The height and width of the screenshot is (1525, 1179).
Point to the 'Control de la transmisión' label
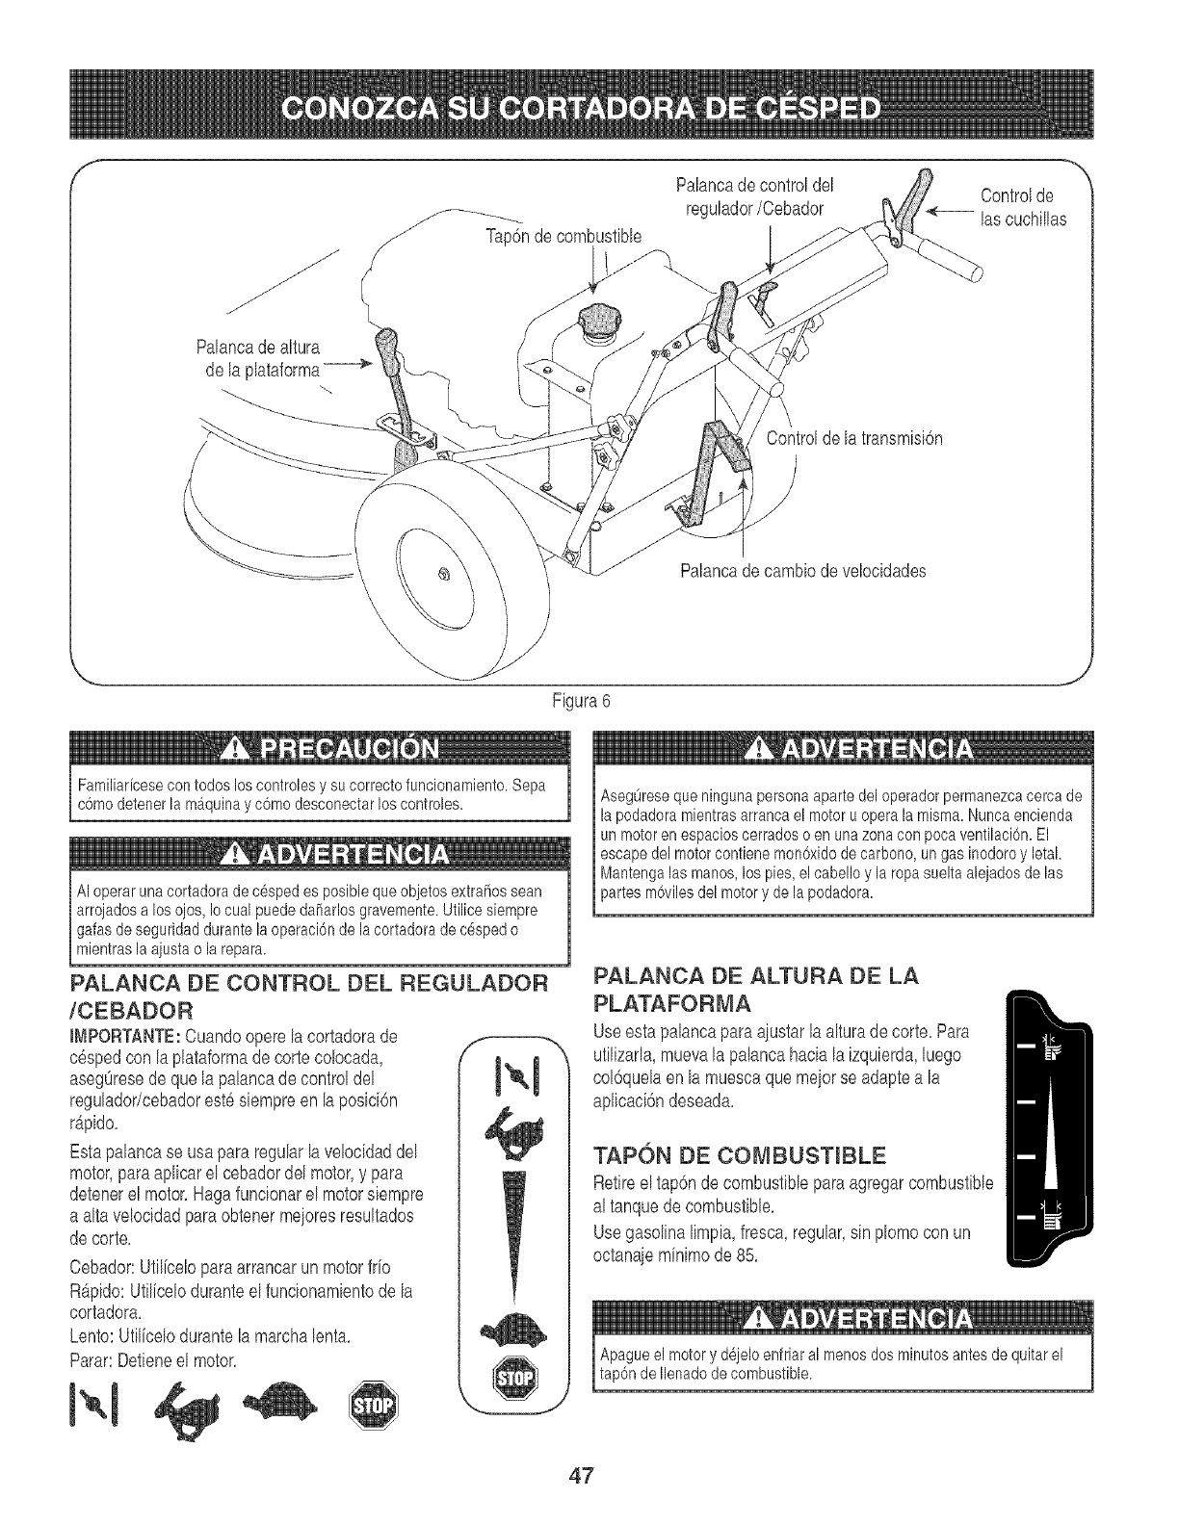pyautogui.click(x=852, y=439)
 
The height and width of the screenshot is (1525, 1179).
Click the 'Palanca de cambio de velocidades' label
pyautogui.click(x=802, y=571)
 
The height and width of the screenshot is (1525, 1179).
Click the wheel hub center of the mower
pyautogui.click(x=444, y=575)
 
